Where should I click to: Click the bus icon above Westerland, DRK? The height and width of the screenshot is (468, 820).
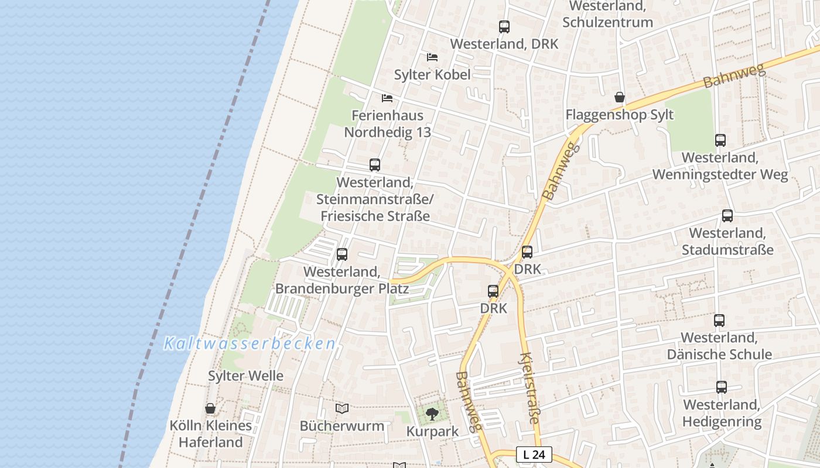(504, 27)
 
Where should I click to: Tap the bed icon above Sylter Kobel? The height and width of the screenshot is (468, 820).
(432, 57)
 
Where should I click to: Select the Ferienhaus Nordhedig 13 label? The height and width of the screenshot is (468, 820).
(387, 124)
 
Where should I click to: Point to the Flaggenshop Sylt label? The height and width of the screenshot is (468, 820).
(619, 115)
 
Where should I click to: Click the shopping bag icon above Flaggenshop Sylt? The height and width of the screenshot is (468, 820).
(619, 97)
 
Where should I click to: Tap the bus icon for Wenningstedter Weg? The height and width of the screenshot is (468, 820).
(720, 140)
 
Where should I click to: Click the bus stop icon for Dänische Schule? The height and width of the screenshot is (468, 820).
(719, 321)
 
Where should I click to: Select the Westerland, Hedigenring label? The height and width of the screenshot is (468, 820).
(722, 413)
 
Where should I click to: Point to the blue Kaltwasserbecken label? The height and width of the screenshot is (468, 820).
(250, 343)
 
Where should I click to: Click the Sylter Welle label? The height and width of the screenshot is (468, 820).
(245, 376)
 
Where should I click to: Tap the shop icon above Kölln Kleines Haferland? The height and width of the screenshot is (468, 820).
(210, 408)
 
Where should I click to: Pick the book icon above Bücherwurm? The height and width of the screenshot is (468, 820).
(342, 408)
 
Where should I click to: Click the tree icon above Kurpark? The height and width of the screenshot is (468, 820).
(432, 414)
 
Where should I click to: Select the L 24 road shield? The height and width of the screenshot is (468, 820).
(534, 454)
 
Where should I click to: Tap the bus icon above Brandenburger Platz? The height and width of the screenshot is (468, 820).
(342, 254)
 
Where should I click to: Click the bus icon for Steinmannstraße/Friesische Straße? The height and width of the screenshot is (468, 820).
(375, 165)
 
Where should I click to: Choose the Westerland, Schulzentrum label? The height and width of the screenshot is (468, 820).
(607, 14)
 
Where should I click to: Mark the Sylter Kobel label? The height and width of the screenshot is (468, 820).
(432, 74)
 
